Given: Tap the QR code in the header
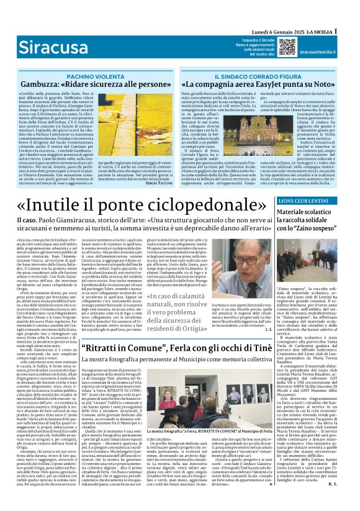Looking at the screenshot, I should coord(287,47).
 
